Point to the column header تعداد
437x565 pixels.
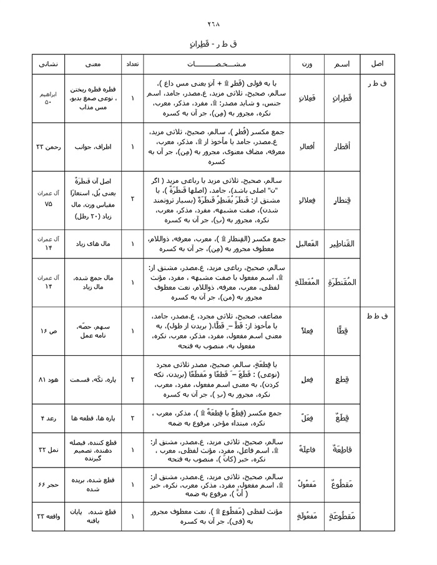132,64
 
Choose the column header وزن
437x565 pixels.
306,64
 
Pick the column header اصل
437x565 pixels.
378,64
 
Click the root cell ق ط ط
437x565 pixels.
378,317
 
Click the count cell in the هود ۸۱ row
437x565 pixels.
132,379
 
